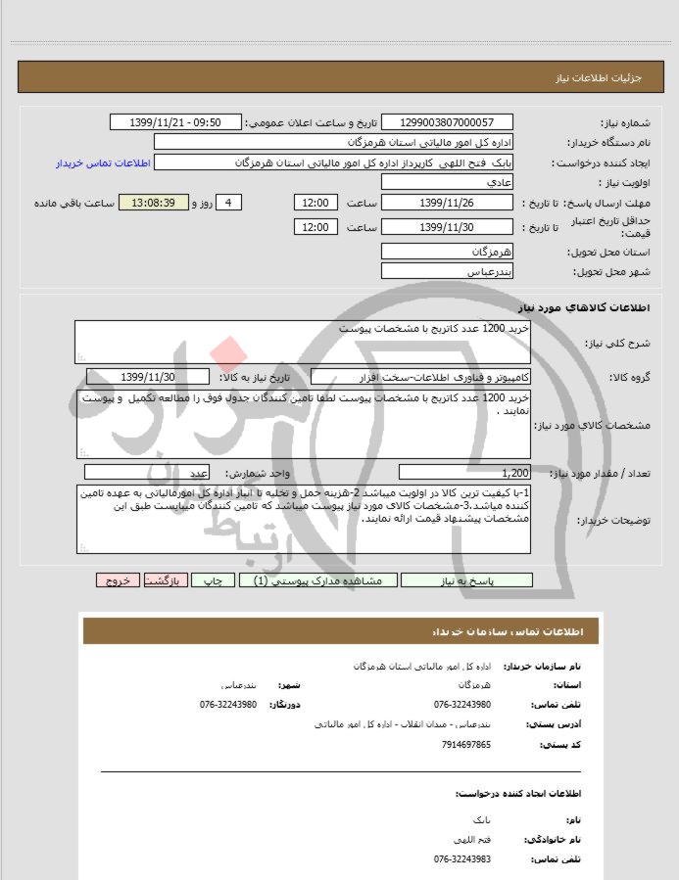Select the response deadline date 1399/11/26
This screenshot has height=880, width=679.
445,203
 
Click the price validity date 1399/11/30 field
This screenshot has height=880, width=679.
445,227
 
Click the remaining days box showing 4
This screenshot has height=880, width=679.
228,203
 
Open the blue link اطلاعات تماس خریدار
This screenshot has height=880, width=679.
101,162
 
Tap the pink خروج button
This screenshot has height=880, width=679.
119,580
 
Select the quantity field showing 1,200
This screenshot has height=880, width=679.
464,472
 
